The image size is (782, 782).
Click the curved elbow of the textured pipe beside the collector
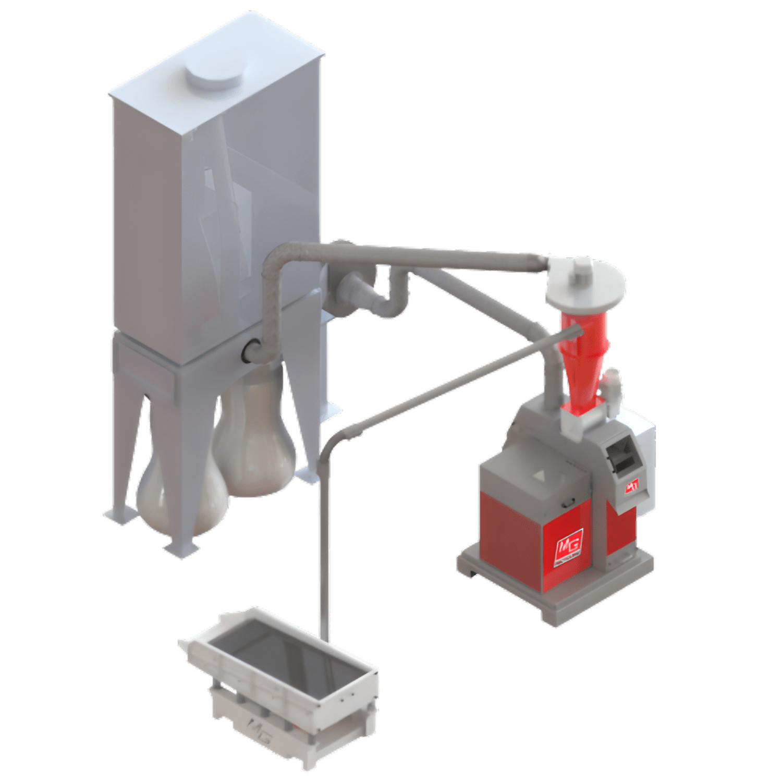point(276,261)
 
